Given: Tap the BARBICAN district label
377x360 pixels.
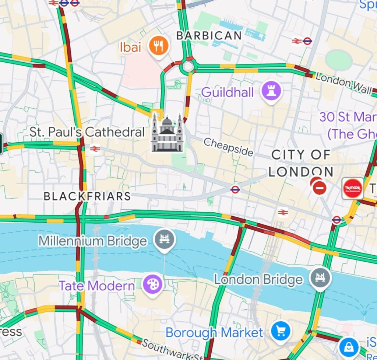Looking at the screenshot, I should coord(209,36).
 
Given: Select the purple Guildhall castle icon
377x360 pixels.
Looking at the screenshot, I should coord(271,91).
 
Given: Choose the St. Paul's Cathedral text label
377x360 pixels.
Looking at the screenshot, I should coord(87,132).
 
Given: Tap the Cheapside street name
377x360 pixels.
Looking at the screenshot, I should coord(228,147).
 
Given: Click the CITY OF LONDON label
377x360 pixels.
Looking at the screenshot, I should coord(301,163).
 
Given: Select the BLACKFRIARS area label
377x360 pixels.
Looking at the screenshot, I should coord(87,196).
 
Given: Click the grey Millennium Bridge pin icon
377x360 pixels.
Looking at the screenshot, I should coord(165,239).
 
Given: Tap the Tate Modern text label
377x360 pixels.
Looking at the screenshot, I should coord(97,286).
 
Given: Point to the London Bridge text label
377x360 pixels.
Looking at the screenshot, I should coord(258,280).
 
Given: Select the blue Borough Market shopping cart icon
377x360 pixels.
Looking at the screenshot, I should coord(281,331).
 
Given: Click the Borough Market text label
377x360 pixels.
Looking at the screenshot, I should coord(214,333).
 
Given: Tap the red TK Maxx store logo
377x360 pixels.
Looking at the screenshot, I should coord(352,188).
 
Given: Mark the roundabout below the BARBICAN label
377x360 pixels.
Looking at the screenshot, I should coord(188,67).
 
